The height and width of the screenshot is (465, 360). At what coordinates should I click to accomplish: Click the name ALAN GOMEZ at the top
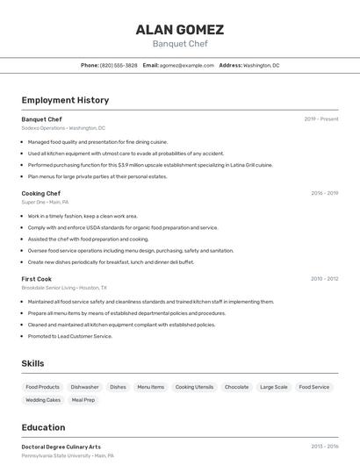coord(179,29)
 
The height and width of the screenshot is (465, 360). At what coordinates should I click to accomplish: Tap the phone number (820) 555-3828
coord(119,65)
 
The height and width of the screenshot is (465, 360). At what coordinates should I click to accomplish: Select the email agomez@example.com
coord(185,65)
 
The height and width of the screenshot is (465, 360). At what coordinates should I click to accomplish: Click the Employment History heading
coord(65,100)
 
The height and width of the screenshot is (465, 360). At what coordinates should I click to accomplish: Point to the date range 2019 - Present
coord(320,118)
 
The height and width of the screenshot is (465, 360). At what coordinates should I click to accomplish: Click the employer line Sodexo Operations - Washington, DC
coord(63,128)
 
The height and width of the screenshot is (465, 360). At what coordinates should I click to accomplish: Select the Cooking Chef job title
coord(41,193)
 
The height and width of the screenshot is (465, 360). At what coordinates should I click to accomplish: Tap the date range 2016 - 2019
coord(324,193)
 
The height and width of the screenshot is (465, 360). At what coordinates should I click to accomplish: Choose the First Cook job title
coord(37,279)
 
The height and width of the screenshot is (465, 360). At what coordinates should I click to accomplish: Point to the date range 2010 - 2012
coord(324,279)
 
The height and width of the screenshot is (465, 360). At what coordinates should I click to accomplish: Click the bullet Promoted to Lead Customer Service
coord(70,336)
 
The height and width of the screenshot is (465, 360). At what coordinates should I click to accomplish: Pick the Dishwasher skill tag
coord(85,387)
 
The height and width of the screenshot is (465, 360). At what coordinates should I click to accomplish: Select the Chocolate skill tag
coord(236,387)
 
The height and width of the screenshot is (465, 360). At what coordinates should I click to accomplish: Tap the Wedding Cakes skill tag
coord(43,400)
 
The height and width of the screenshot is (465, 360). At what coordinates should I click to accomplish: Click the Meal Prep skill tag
coord(83,400)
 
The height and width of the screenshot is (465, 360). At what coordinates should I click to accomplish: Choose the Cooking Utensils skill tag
coord(194,387)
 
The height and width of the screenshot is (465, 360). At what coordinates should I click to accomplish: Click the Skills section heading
coord(33,363)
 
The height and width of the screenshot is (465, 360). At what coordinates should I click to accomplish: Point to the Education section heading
coord(44,427)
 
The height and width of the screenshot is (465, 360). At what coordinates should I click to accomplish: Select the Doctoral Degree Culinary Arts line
coord(61,447)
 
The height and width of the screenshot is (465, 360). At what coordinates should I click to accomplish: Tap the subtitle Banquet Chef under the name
coord(179,44)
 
